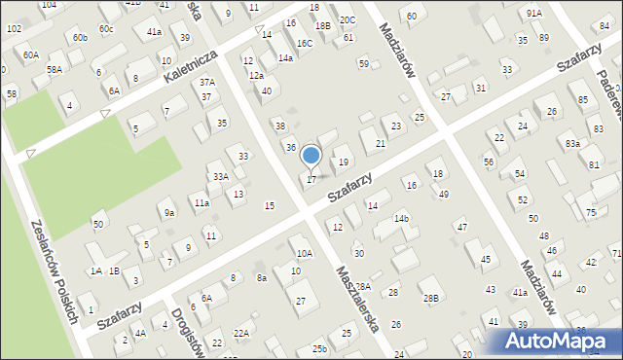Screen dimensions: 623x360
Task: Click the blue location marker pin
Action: click(x=311, y=156)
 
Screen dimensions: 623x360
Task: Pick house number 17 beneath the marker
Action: click(x=311, y=179)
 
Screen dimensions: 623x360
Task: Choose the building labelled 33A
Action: click(x=221, y=176)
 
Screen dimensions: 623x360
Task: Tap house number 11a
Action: click(x=202, y=203)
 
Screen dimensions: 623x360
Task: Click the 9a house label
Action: click(x=169, y=212)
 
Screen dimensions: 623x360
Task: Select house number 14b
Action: click(x=401, y=219)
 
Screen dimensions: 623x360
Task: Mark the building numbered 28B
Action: click(x=430, y=297)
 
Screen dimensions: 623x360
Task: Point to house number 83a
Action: click(x=572, y=144)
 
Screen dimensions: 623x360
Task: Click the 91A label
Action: click(x=534, y=13)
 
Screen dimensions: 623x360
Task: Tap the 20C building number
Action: click(x=347, y=19)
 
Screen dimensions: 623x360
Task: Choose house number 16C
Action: click(x=305, y=43)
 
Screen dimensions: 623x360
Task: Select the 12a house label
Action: click(x=256, y=75)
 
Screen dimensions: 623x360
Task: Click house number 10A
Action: click(x=305, y=253)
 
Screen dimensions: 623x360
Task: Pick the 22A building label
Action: click(x=241, y=334)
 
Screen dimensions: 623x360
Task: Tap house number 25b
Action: click(x=319, y=348)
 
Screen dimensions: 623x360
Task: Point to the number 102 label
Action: click(x=14, y=29)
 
